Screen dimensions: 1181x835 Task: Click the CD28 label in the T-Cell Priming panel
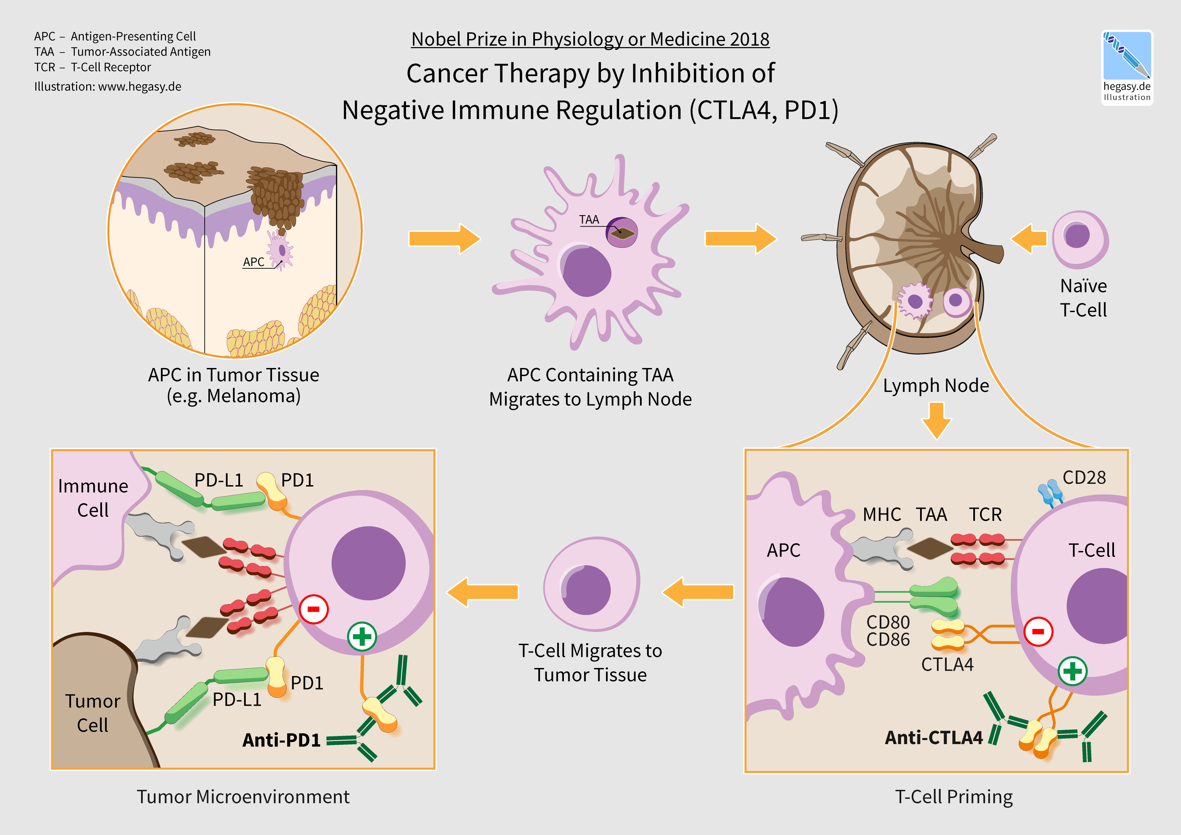1084,477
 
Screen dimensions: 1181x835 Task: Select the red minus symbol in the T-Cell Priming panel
1038,631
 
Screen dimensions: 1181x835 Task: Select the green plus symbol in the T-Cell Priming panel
1073,671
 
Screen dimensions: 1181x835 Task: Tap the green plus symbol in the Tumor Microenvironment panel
362,636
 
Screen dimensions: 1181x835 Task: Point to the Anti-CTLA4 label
934,737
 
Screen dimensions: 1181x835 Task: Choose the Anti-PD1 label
281,740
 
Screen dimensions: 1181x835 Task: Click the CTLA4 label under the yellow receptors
947,665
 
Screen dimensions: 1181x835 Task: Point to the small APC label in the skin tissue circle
254,262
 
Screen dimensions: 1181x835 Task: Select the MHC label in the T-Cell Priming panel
882,514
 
